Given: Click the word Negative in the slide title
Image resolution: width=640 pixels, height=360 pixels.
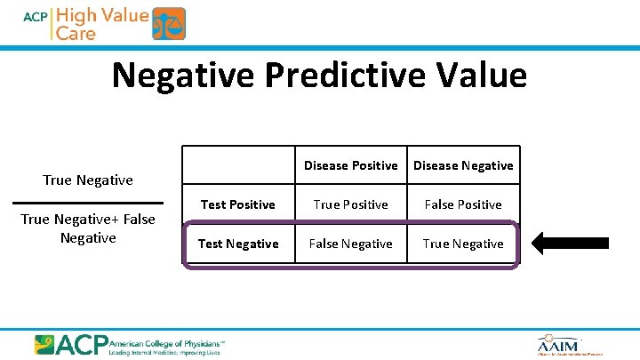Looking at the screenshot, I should [180, 76].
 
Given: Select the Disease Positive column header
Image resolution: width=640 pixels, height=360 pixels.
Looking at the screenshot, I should [350, 165].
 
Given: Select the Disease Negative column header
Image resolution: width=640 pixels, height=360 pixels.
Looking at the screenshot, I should [463, 165].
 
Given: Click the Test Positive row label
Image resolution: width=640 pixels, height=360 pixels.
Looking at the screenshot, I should [237, 204].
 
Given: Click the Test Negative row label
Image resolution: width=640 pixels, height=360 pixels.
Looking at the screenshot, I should [237, 244].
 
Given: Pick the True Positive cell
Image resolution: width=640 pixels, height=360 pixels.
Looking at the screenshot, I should [350, 204].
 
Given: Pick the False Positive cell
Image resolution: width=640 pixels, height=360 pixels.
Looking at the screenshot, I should [463, 204].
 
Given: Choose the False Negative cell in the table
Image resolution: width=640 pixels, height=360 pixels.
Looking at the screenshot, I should [350, 244].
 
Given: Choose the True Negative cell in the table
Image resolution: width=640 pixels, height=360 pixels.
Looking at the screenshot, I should [463, 244].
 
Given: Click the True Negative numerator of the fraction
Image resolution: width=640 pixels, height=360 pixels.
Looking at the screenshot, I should [88, 180].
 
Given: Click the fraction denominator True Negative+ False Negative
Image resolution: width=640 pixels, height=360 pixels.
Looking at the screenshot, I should [88, 228].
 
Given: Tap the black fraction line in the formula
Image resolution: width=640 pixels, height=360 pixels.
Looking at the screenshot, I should [88, 203].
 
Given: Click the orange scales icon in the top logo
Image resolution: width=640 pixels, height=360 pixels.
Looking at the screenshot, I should [169, 24].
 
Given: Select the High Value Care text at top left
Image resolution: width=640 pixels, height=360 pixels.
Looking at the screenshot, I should [102, 24].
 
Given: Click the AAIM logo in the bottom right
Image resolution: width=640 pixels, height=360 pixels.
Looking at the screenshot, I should [558, 344].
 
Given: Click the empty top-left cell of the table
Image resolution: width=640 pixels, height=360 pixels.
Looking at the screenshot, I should [237, 165].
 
